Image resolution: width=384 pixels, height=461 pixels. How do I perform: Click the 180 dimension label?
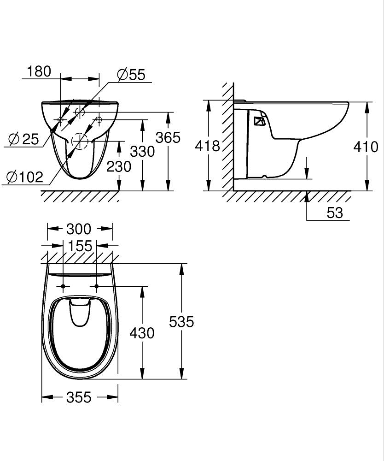click(x=39, y=71)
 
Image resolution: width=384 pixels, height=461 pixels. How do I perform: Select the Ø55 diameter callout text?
click(x=131, y=75)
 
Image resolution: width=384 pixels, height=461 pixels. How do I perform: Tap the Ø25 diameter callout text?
click(x=24, y=139)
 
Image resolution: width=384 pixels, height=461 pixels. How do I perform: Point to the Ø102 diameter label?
click(x=25, y=177)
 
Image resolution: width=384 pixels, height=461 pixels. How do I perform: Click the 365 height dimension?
click(x=168, y=137)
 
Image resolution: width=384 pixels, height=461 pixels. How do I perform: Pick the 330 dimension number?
click(x=142, y=151)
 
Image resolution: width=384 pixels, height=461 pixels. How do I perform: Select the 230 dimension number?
click(x=119, y=167)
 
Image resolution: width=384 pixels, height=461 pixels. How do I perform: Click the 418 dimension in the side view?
click(x=208, y=146)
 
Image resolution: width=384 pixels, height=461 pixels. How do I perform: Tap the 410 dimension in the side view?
click(x=366, y=147)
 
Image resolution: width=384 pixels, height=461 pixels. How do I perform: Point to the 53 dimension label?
click(x=335, y=213)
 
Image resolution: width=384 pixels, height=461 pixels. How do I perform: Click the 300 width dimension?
click(x=79, y=229)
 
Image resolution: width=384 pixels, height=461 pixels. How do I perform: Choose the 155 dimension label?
click(x=80, y=246)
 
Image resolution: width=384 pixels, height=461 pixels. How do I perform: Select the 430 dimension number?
click(x=142, y=333)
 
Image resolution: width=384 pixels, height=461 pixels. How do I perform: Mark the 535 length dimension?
click(x=181, y=322)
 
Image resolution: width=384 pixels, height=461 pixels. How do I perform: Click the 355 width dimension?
click(x=79, y=397)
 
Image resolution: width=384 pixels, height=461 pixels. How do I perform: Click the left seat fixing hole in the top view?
click(x=63, y=286)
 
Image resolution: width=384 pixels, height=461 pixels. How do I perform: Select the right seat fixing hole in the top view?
click(x=97, y=286)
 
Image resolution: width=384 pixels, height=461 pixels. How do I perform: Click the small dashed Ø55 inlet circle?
click(x=80, y=112)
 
